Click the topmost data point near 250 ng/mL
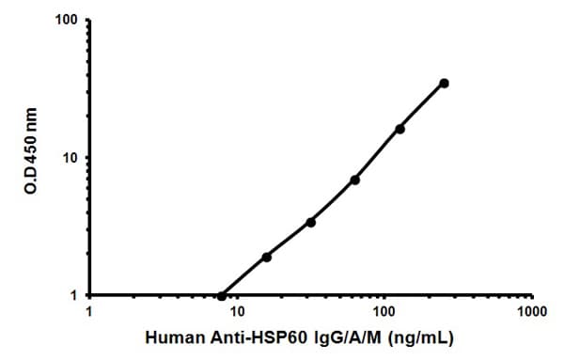(444, 83)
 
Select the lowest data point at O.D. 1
(222, 295)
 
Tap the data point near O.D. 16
(399, 129)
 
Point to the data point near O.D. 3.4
(311, 222)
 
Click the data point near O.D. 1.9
(266, 257)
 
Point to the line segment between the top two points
(422, 105)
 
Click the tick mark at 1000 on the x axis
(531, 298)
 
